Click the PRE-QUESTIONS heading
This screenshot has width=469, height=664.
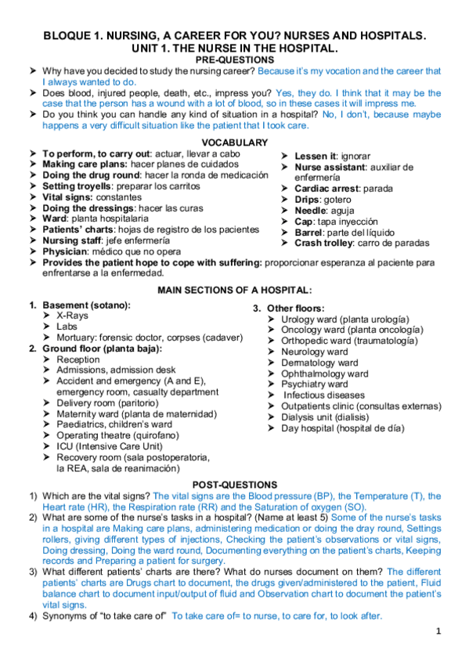click(234, 60)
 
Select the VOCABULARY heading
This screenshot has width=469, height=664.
click(234, 143)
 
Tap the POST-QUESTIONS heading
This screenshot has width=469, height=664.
click(234, 485)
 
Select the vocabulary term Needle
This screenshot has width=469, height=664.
click(311, 211)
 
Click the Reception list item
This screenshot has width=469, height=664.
click(78, 359)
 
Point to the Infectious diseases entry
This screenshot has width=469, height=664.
click(324, 395)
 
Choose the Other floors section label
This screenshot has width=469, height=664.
click(295, 309)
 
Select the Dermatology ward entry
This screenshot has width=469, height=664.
click(319, 363)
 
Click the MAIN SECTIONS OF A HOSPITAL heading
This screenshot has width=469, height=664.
click(234, 290)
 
